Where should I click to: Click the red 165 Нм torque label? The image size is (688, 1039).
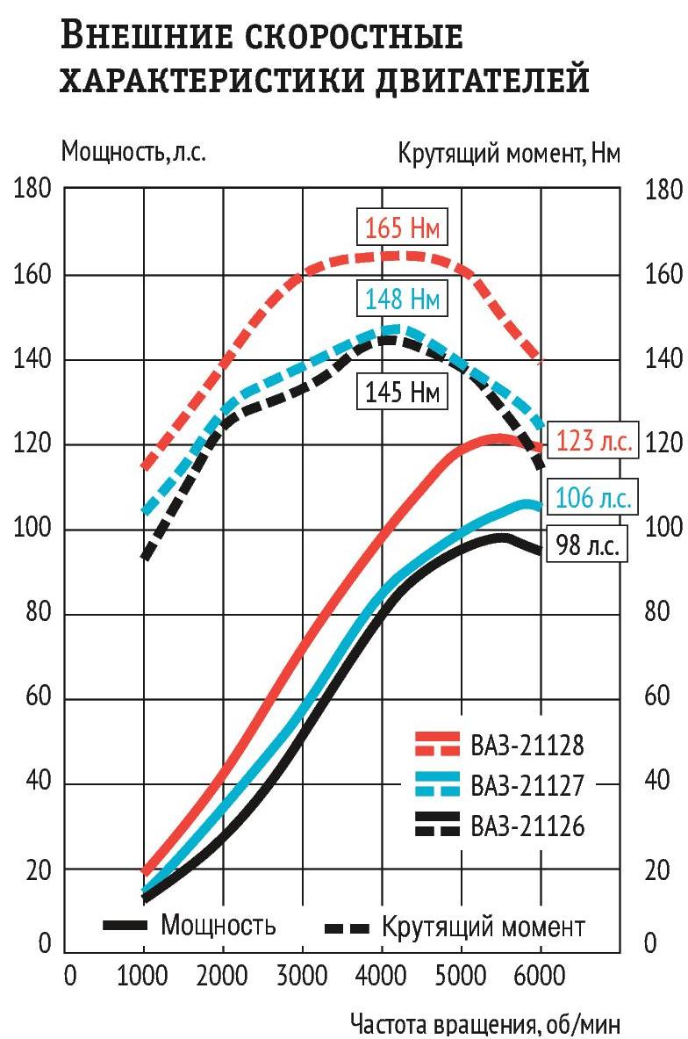coord(403,229)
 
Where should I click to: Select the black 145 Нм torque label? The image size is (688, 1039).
coord(403,391)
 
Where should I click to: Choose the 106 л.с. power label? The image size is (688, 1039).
coord(591,498)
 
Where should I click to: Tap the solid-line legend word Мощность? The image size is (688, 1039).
coord(219,925)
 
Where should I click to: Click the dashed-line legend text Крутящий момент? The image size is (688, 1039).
coord(483,927)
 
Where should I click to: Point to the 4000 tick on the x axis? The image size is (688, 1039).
coord(382,974)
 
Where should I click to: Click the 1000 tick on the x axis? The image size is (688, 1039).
coord(143,974)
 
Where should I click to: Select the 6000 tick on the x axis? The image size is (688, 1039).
coord(540,974)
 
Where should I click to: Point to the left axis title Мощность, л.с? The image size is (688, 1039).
coord(133,152)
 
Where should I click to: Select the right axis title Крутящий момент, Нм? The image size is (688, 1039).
coord(510,154)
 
